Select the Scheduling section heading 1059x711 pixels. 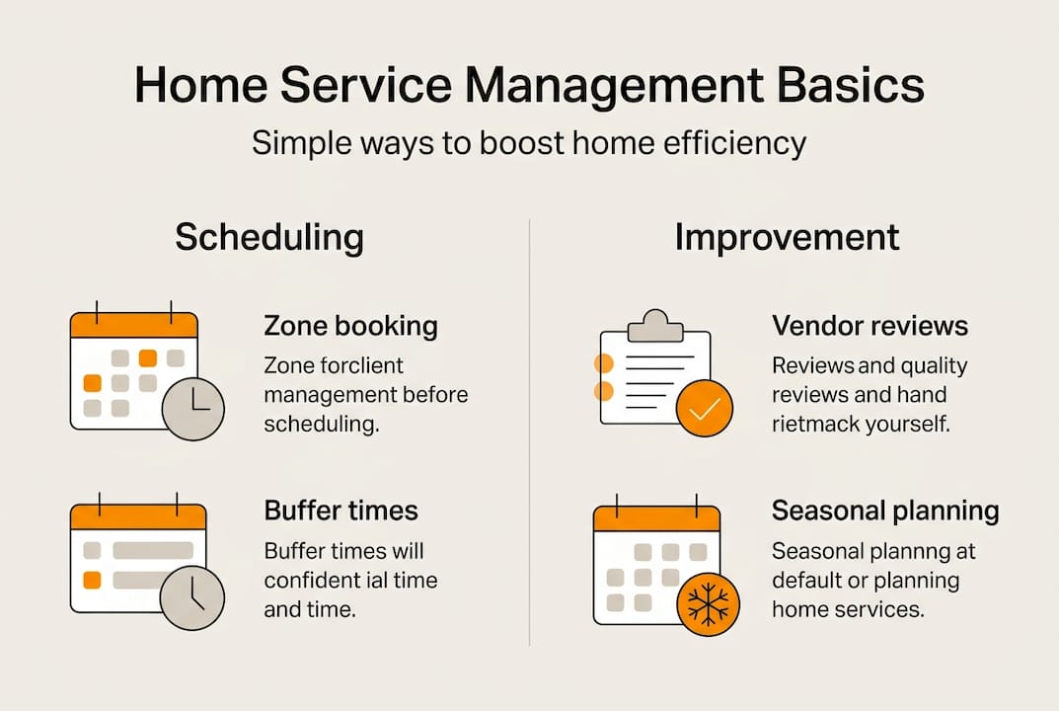[269, 238]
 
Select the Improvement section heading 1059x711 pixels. [787, 238]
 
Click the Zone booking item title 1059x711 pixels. [350, 326]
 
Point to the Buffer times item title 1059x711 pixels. [340, 511]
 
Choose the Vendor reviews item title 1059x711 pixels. [870, 326]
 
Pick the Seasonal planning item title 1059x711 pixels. [884, 511]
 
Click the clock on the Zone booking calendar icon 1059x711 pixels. [193, 408]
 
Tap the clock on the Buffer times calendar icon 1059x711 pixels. [192, 597]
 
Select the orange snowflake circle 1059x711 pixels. [708, 603]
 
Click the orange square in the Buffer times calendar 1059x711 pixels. [92, 580]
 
